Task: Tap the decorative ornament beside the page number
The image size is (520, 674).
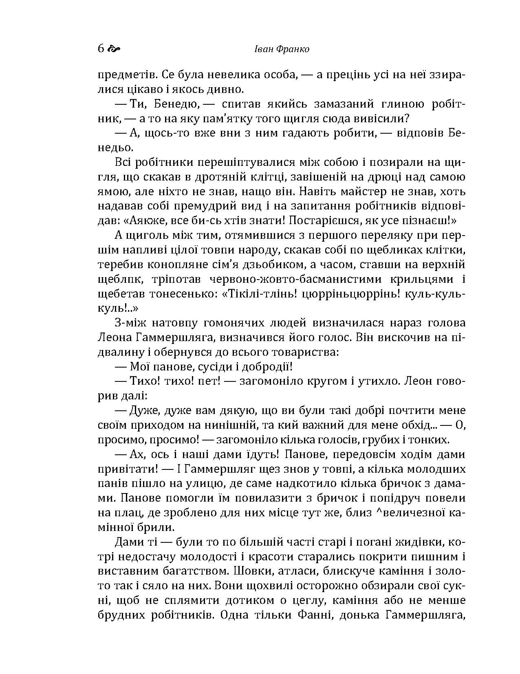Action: point(114,49)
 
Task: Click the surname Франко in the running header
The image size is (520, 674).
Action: point(293,49)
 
